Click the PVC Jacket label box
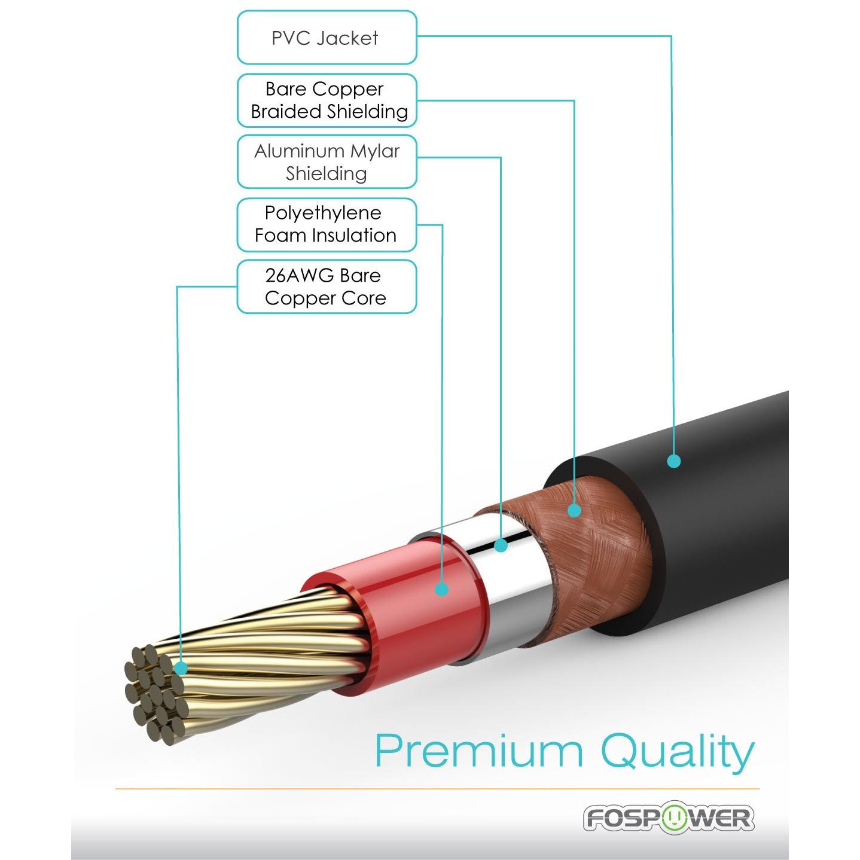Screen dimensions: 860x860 pos(327,38)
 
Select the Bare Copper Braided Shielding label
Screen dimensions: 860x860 pos(327,100)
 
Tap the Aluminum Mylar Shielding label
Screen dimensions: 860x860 pos(327,162)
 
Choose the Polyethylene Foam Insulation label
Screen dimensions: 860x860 pos(327,224)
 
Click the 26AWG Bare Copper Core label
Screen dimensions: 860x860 pos(327,286)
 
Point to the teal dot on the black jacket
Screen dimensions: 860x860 pos(674,461)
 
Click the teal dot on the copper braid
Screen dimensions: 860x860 pos(574,510)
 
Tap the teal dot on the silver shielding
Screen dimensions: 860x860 pos(501,545)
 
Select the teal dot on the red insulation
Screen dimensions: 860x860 pos(442,589)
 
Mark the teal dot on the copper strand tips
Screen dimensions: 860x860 pos(181,668)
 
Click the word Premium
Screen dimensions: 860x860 pos(478,751)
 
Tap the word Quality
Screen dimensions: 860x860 pos(677,752)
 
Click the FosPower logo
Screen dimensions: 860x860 pos(669,818)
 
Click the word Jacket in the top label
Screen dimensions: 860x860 pos(347,38)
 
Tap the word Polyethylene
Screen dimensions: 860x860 pos(323,213)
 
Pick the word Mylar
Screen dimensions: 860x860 pos(374,151)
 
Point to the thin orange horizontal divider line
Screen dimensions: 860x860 pos(437,789)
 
